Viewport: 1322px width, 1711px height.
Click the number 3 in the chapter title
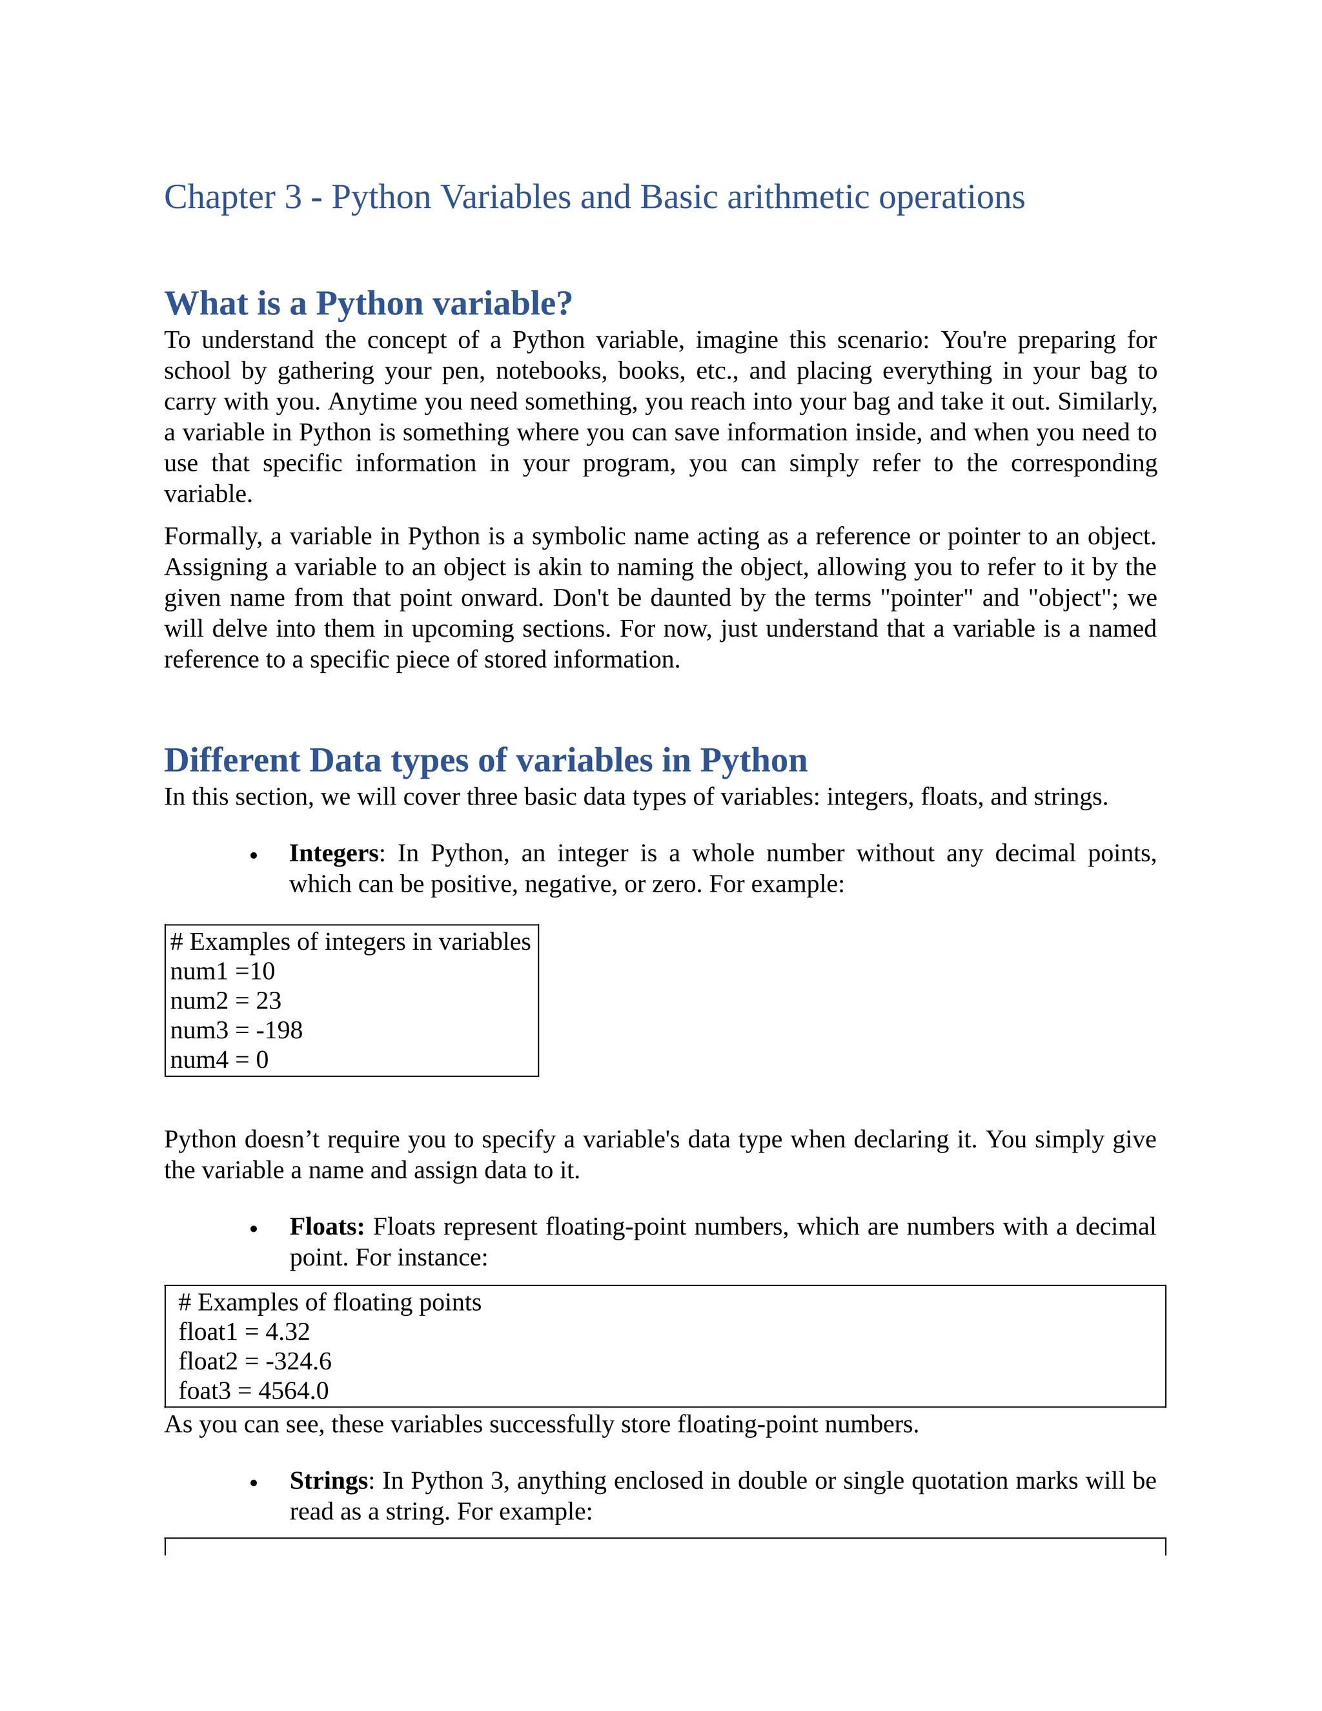point(293,198)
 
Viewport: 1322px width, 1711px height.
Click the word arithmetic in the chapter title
point(798,198)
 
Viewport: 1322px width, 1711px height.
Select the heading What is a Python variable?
point(368,304)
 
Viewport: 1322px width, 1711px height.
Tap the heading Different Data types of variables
point(485,761)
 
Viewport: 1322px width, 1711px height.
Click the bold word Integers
point(334,853)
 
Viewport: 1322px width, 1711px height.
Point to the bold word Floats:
point(327,1227)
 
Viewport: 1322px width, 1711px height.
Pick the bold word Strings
point(328,1480)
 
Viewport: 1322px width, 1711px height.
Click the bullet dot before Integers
point(254,856)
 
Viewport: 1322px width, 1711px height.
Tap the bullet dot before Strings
point(254,1484)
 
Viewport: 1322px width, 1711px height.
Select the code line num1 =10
point(223,972)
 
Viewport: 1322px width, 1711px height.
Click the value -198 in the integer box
point(279,1030)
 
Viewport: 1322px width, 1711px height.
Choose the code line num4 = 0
point(219,1060)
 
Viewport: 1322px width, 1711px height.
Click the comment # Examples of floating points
point(330,1302)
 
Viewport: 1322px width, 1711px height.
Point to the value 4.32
point(287,1332)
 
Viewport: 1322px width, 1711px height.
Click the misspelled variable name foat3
point(205,1391)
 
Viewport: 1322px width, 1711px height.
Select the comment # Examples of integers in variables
point(350,941)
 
